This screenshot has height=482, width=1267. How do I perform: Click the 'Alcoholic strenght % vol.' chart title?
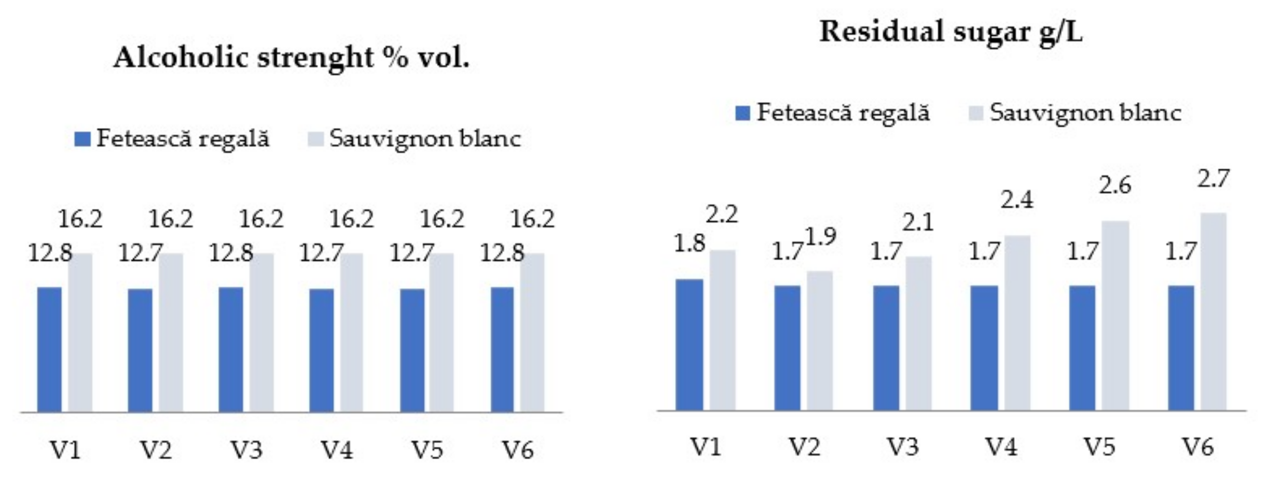[291, 58]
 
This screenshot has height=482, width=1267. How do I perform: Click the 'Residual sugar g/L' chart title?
[951, 32]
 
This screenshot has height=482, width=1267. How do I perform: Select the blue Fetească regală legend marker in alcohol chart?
[82, 139]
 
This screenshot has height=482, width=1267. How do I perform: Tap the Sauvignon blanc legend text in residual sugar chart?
[1085, 113]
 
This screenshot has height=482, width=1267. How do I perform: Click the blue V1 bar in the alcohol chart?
[49, 349]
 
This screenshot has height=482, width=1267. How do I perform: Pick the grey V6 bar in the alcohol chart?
[532, 332]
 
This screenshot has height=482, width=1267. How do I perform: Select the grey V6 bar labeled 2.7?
[1213, 311]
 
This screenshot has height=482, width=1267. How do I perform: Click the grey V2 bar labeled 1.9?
[820, 340]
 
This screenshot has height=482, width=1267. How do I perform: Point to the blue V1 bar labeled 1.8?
[689, 344]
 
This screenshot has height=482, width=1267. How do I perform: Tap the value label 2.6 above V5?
[1115, 186]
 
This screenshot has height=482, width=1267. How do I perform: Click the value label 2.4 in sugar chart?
[1016, 200]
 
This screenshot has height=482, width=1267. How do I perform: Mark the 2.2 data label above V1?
[722, 215]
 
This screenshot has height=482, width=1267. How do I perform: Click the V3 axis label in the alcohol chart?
[246, 449]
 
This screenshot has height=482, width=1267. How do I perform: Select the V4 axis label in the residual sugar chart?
[1001, 447]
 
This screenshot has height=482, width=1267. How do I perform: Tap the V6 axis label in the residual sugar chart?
[1198, 447]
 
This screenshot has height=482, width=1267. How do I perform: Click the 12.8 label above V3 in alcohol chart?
[230, 253]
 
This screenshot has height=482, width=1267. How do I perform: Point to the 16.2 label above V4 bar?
[351, 219]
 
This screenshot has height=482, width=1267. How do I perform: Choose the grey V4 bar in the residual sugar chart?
[1017, 322]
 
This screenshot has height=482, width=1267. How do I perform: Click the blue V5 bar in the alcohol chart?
[412, 350]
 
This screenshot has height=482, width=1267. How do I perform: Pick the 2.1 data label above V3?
[918, 223]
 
